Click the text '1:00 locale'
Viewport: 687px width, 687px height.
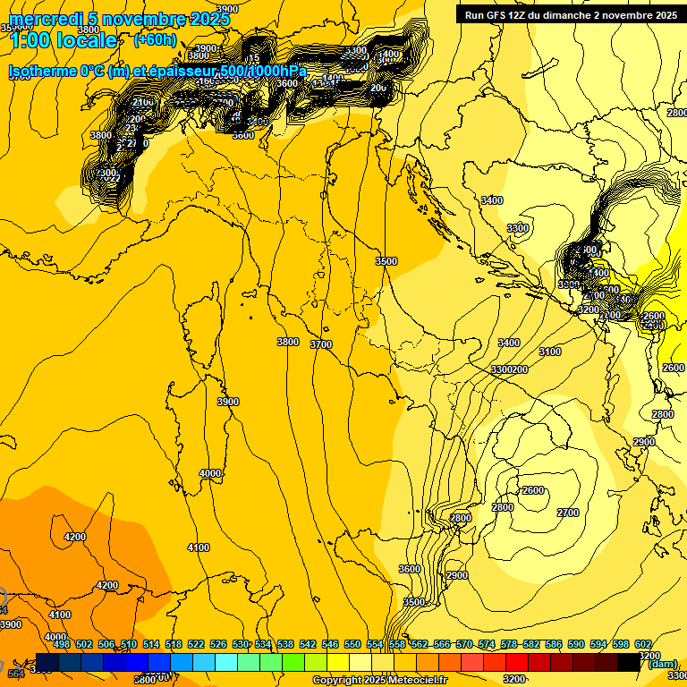pos(63,40)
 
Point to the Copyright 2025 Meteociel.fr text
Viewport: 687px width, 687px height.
pos(379,681)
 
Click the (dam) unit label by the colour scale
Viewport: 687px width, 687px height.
pos(663,664)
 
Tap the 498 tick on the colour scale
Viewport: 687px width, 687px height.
pos(62,644)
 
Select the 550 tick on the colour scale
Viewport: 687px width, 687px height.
pos(352,644)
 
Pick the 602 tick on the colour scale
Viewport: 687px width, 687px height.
pos(643,644)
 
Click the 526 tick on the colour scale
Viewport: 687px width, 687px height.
pos(218,644)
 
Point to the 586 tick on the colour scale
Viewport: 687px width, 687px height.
pos(554,644)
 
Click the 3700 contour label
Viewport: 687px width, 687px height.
pos(321,344)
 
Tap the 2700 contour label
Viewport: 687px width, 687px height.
pos(568,513)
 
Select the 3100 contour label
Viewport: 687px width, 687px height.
pos(550,352)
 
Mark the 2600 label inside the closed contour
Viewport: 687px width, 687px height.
pos(533,490)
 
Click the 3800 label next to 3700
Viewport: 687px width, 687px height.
pos(288,342)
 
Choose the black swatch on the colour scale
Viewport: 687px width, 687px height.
pos(630,661)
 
